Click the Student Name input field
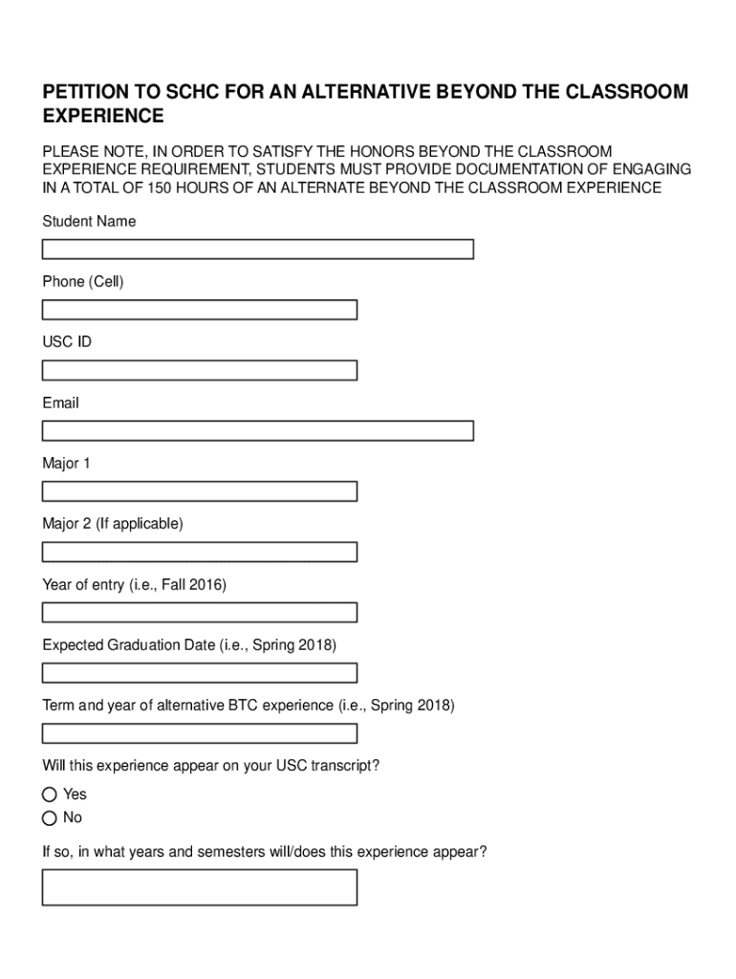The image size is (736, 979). click(257, 250)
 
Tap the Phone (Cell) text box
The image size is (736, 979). click(199, 310)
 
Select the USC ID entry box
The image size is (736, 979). click(199, 370)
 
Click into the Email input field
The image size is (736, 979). click(257, 431)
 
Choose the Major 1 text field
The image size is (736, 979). click(199, 491)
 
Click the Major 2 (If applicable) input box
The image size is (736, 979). click(199, 552)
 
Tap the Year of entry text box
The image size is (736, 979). click(199, 612)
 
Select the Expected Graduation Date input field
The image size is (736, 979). click(199, 673)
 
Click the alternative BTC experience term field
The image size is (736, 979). click(199, 733)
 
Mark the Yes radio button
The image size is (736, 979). click(50, 794)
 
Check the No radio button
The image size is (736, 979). click(50, 817)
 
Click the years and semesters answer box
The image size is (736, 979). click(199, 886)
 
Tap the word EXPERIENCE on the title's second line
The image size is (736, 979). click(103, 117)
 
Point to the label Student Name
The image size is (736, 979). click(89, 222)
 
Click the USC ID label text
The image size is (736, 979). click(67, 342)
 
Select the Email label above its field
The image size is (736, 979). click(60, 403)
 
